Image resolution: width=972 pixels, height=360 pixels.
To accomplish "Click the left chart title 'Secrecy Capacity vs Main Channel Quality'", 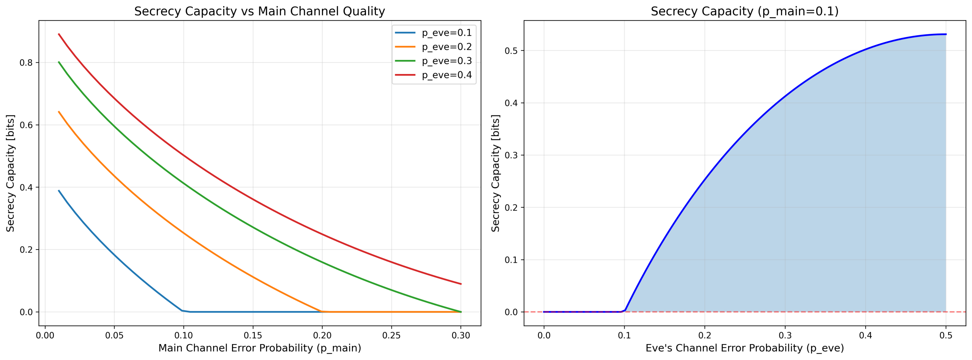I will [260, 11].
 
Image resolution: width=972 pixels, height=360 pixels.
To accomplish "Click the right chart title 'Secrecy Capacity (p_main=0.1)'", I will [745, 11].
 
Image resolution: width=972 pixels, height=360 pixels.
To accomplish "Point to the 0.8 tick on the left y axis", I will [26, 63].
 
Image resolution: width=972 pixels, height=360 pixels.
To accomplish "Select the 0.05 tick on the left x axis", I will [114, 336].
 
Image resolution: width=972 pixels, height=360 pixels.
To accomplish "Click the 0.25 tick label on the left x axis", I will [391, 336].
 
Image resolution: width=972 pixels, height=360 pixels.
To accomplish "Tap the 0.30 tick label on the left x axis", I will [461, 336].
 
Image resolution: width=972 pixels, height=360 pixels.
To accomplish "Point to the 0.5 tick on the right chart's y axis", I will [511, 51].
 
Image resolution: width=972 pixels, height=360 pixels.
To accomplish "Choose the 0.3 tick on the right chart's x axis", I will [785, 336].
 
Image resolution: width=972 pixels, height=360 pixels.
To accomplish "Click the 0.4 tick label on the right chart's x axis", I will [866, 336].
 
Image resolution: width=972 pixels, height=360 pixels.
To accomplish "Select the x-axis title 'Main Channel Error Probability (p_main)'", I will [260, 348].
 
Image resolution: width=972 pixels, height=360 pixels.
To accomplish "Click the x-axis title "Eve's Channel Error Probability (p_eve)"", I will [745, 348].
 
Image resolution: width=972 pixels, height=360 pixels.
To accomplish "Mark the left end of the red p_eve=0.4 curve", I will [59, 34].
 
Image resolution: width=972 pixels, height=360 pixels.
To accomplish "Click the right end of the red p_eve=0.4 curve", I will [461, 284].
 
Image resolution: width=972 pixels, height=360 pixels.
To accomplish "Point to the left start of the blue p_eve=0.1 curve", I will [59, 191].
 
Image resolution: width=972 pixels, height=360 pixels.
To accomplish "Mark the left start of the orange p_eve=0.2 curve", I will [59, 112].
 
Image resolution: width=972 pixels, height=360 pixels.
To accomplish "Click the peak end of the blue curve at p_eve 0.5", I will [946, 34].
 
